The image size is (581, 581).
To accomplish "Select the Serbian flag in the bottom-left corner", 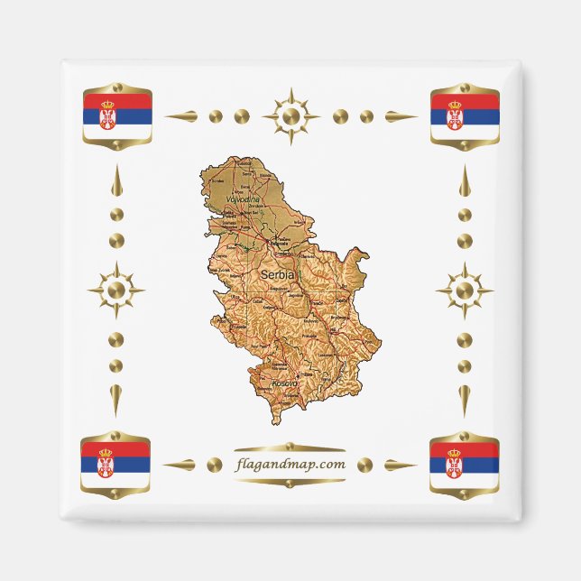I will [x=116, y=464].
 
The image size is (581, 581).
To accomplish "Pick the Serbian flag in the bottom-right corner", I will [x=465, y=464].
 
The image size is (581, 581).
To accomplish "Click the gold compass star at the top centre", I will [x=290, y=116].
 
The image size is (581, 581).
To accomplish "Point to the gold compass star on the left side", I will [x=115, y=290].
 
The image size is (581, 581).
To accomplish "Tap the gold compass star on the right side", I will [x=465, y=290].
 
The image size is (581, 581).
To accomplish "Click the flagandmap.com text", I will [x=290, y=465].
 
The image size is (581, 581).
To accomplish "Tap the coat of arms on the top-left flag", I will [x=107, y=115].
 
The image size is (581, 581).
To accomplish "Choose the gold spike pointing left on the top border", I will [x=181, y=116].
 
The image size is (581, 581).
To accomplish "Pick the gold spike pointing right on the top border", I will [x=400, y=116].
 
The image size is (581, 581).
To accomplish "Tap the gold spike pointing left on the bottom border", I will [x=180, y=466].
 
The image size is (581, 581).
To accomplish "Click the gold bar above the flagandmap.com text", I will [x=290, y=447].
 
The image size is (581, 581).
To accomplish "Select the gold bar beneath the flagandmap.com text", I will [x=290, y=483].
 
